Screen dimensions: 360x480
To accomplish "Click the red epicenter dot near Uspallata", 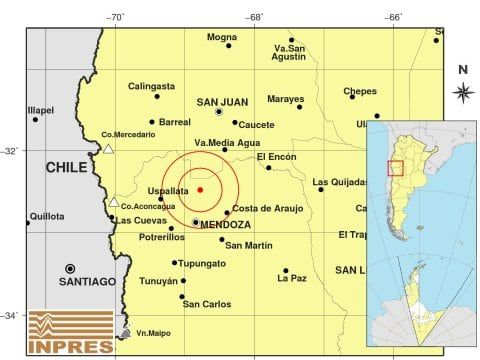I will [x=200, y=189].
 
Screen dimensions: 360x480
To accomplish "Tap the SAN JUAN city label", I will [x=221, y=101].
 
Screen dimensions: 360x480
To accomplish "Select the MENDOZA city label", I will [x=225, y=225].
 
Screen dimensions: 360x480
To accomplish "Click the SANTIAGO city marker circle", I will [x=70, y=268].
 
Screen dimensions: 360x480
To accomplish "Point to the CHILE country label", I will [x=67, y=169].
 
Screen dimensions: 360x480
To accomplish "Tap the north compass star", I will [x=462, y=92].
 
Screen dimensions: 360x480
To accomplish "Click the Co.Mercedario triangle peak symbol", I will [x=108, y=149].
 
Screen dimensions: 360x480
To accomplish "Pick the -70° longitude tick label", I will [x=116, y=17].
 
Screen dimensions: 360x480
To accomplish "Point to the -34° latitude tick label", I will [x=10, y=316].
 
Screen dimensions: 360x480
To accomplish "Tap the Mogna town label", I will [x=222, y=37].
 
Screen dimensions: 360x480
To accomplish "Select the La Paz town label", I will [x=292, y=278].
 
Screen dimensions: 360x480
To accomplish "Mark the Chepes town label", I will [x=360, y=91].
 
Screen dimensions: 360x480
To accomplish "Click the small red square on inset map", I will [x=395, y=167].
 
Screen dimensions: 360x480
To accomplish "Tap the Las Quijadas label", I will [x=339, y=183].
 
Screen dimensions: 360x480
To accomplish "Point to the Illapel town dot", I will [x=36, y=120].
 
